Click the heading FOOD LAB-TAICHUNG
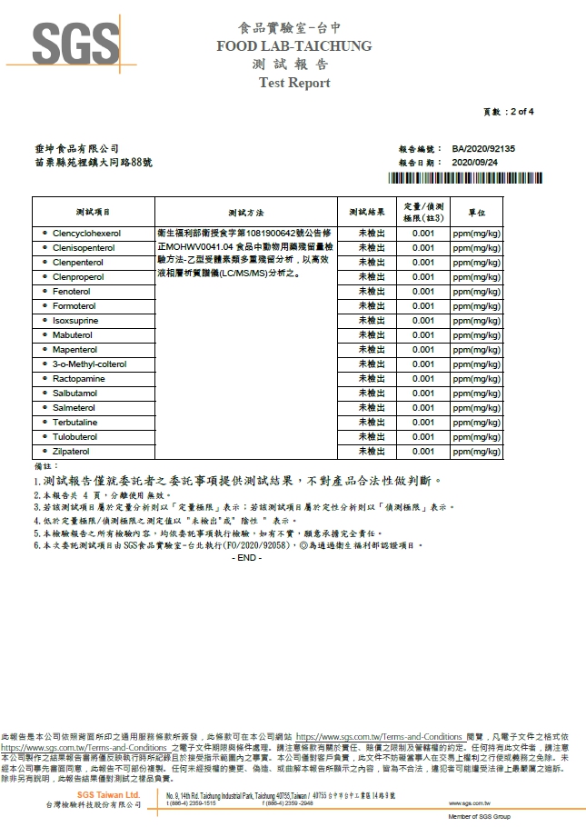[x=293, y=45]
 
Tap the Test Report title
[x=294, y=83]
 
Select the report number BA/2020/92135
[x=482, y=148]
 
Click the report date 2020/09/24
[x=475, y=161]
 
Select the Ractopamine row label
[x=79, y=378]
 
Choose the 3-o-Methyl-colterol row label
[x=89, y=364]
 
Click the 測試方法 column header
[x=246, y=212]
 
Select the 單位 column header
[x=476, y=212]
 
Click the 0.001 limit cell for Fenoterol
[x=422, y=292]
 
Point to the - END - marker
[x=247, y=557]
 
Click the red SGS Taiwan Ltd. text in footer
[x=108, y=794]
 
